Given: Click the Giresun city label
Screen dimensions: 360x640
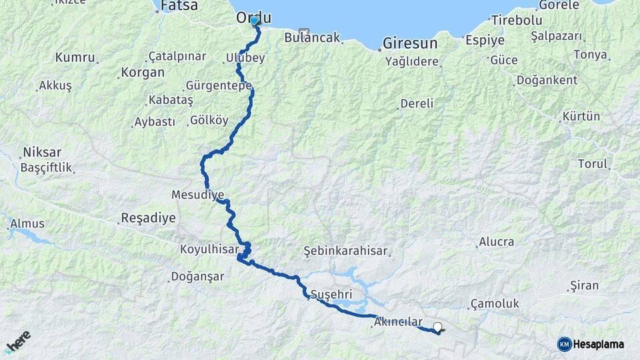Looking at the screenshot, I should click(410, 44).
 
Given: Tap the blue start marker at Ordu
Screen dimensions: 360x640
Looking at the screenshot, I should click(254, 21).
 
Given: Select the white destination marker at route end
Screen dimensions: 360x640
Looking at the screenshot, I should click(438, 327).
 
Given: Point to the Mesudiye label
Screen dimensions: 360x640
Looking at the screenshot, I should click(198, 195).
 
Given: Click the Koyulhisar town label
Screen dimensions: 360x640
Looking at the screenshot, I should click(209, 249).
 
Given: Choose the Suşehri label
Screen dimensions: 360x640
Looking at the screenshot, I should click(331, 294).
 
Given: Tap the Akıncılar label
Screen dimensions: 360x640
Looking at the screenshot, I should click(399, 321).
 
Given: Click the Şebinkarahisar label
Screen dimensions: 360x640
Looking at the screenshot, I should click(345, 251).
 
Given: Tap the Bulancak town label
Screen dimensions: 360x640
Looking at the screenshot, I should click(312, 38).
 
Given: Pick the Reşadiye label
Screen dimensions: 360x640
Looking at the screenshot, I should click(148, 218).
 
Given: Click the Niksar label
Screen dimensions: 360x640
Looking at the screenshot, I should click(41, 151).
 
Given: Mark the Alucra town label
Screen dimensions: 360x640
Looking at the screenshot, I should click(497, 242).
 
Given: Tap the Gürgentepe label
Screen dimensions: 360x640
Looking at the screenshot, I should click(219, 86).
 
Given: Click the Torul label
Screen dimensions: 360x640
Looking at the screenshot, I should click(593, 164).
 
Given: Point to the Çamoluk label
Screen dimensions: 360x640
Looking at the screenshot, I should click(495, 303).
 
